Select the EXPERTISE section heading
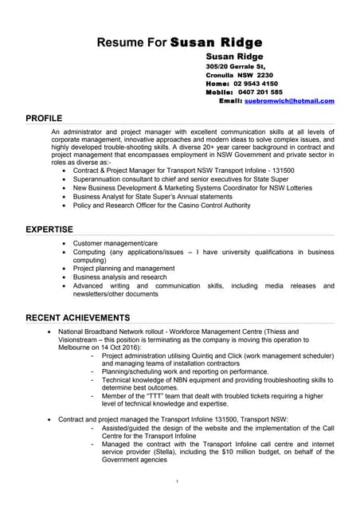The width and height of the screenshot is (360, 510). (49, 229)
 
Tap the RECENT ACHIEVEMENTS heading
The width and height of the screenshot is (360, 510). (77, 318)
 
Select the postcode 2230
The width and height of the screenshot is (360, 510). (264, 75)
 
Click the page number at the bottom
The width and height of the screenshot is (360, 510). (177, 481)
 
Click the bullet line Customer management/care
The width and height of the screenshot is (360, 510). (115, 243)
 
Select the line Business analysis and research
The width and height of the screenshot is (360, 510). (120, 277)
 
